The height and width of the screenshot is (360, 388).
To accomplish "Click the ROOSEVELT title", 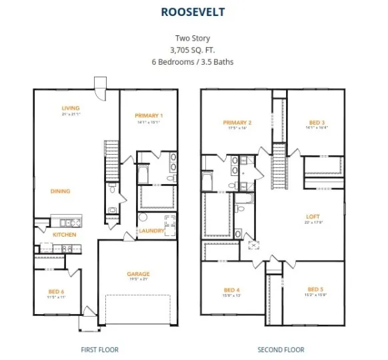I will tap(193, 11).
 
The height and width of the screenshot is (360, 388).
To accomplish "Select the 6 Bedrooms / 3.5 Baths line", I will tap(193, 62).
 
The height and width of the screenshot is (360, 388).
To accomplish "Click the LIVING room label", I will tap(71, 108).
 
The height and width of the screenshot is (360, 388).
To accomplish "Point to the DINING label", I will tap(60, 191).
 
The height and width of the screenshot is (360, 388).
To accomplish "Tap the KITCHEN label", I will tap(64, 235).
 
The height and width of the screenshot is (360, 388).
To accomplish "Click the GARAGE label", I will tap(139, 274).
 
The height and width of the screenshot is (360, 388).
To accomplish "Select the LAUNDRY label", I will tap(151, 231).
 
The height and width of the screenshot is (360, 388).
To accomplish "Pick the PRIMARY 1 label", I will tap(149, 115).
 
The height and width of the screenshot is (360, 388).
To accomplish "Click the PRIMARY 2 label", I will tap(237, 123).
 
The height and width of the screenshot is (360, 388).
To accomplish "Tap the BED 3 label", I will tap(316, 123).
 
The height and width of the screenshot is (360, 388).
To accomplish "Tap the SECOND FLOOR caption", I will tap(281, 349).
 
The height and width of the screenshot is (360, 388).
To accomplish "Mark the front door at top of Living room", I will tap(100, 87).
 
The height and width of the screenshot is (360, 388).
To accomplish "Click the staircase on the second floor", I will tap(279, 170).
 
